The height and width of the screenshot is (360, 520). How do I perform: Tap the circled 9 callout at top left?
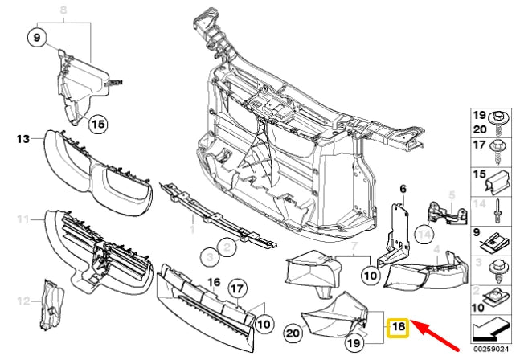click(38, 36)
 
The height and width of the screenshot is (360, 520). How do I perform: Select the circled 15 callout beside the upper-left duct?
click(97, 124)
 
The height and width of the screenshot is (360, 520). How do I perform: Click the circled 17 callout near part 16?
click(237, 287)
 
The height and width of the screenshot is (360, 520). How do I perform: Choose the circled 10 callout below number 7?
click(369, 274)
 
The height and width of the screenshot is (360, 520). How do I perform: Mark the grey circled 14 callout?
click(425, 235)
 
